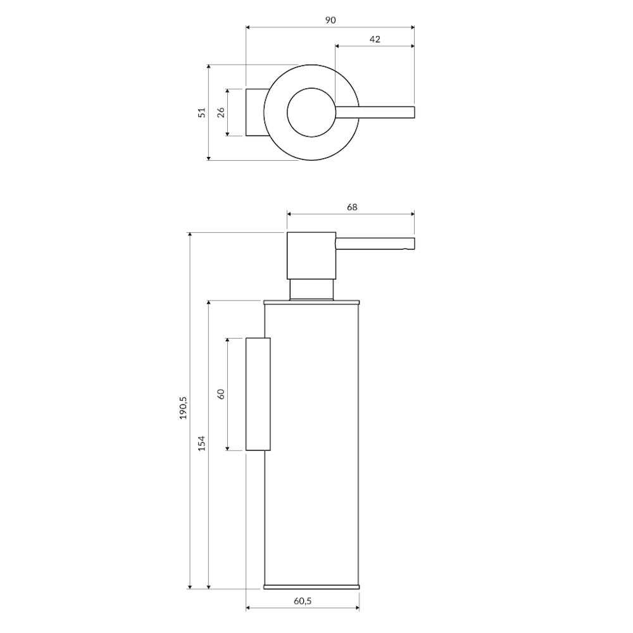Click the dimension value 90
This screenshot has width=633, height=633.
[x=330, y=20]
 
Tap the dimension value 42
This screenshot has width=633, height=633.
[x=375, y=39]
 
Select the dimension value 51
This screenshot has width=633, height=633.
[x=202, y=112]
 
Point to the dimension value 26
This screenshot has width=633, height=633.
[x=221, y=112]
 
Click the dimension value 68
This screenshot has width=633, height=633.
[x=352, y=207]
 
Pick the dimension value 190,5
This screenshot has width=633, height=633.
[x=184, y=408]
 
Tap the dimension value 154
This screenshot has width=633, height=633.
[x=202, y=443]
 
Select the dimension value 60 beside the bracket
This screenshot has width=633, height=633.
[x=221, y=394]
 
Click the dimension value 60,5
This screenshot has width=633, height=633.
[x=303, y=601]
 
